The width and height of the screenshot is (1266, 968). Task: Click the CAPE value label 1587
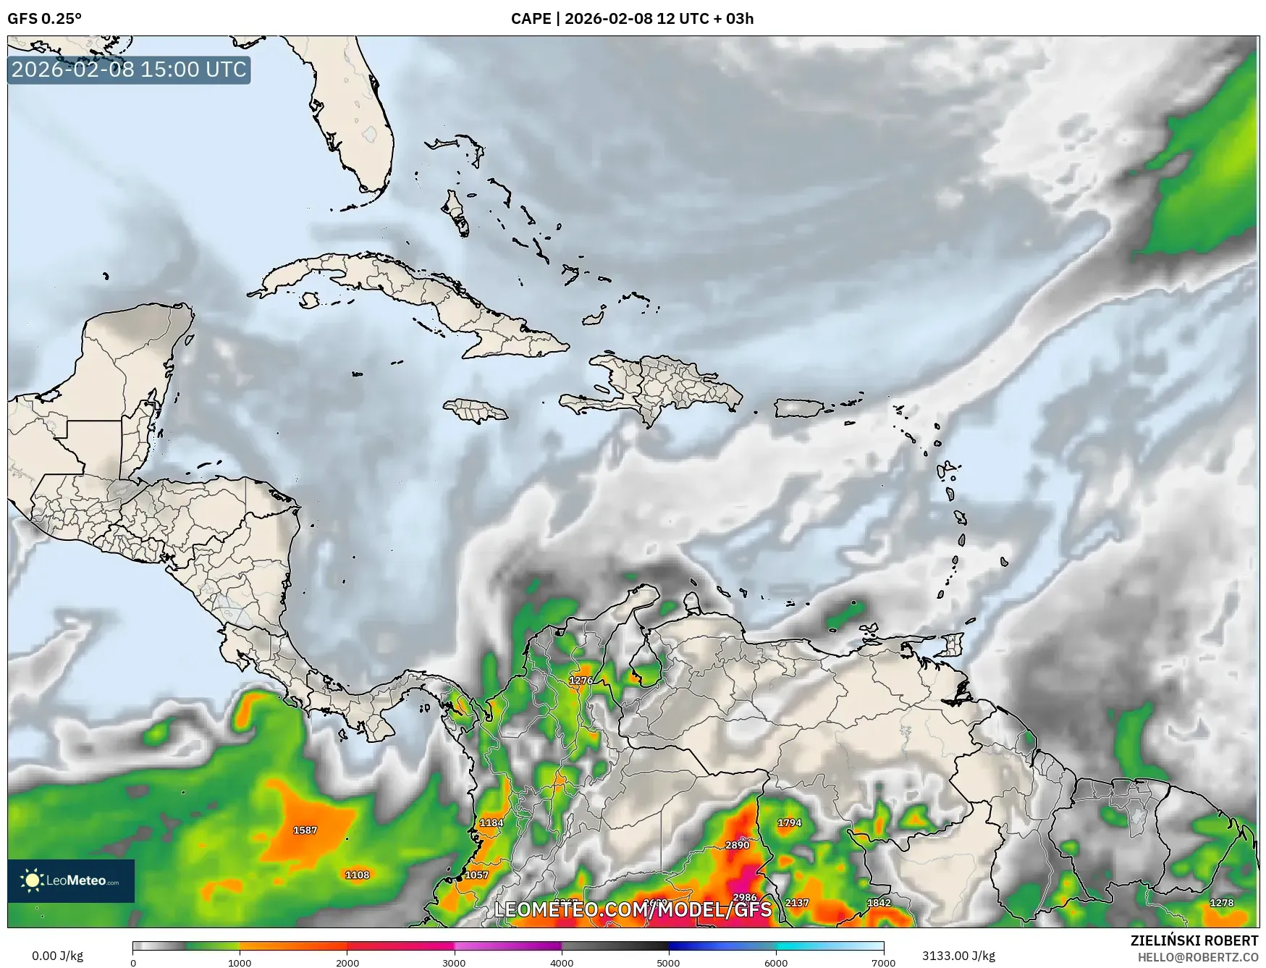(x=305, y=830)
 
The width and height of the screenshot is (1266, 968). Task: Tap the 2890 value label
(x=737, y=845)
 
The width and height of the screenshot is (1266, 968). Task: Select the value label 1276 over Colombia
(x=581, y=680)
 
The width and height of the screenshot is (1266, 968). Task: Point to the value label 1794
(x=789, y=822)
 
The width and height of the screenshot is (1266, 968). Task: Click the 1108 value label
(x=357, y=875)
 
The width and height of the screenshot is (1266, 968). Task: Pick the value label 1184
(x=491, y=822)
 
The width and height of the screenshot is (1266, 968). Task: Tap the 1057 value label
(x=476, y=875)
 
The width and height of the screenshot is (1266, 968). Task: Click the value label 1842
(x=879, y=903)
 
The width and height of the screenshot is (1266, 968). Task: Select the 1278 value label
(x=1221, y=903)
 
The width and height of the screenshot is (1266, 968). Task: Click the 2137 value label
(x=796, y=903)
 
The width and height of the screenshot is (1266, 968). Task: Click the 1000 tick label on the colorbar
(x=240, y=963)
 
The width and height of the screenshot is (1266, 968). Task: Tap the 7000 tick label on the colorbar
(x=884, y=963)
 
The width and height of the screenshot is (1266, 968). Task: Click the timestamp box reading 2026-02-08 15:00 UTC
(x=129, y=70)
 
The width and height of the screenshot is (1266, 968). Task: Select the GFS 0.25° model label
(x=44, y=19)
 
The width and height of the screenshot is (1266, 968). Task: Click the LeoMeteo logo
(x=71, y=880)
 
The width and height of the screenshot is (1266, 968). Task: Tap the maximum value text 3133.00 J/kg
(x=958, y=956)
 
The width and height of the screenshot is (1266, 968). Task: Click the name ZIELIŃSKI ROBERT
(x=1194, y=940)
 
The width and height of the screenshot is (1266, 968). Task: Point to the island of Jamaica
(x=476, y=411)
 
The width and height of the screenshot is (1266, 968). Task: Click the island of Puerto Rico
(x=800, y=408)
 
